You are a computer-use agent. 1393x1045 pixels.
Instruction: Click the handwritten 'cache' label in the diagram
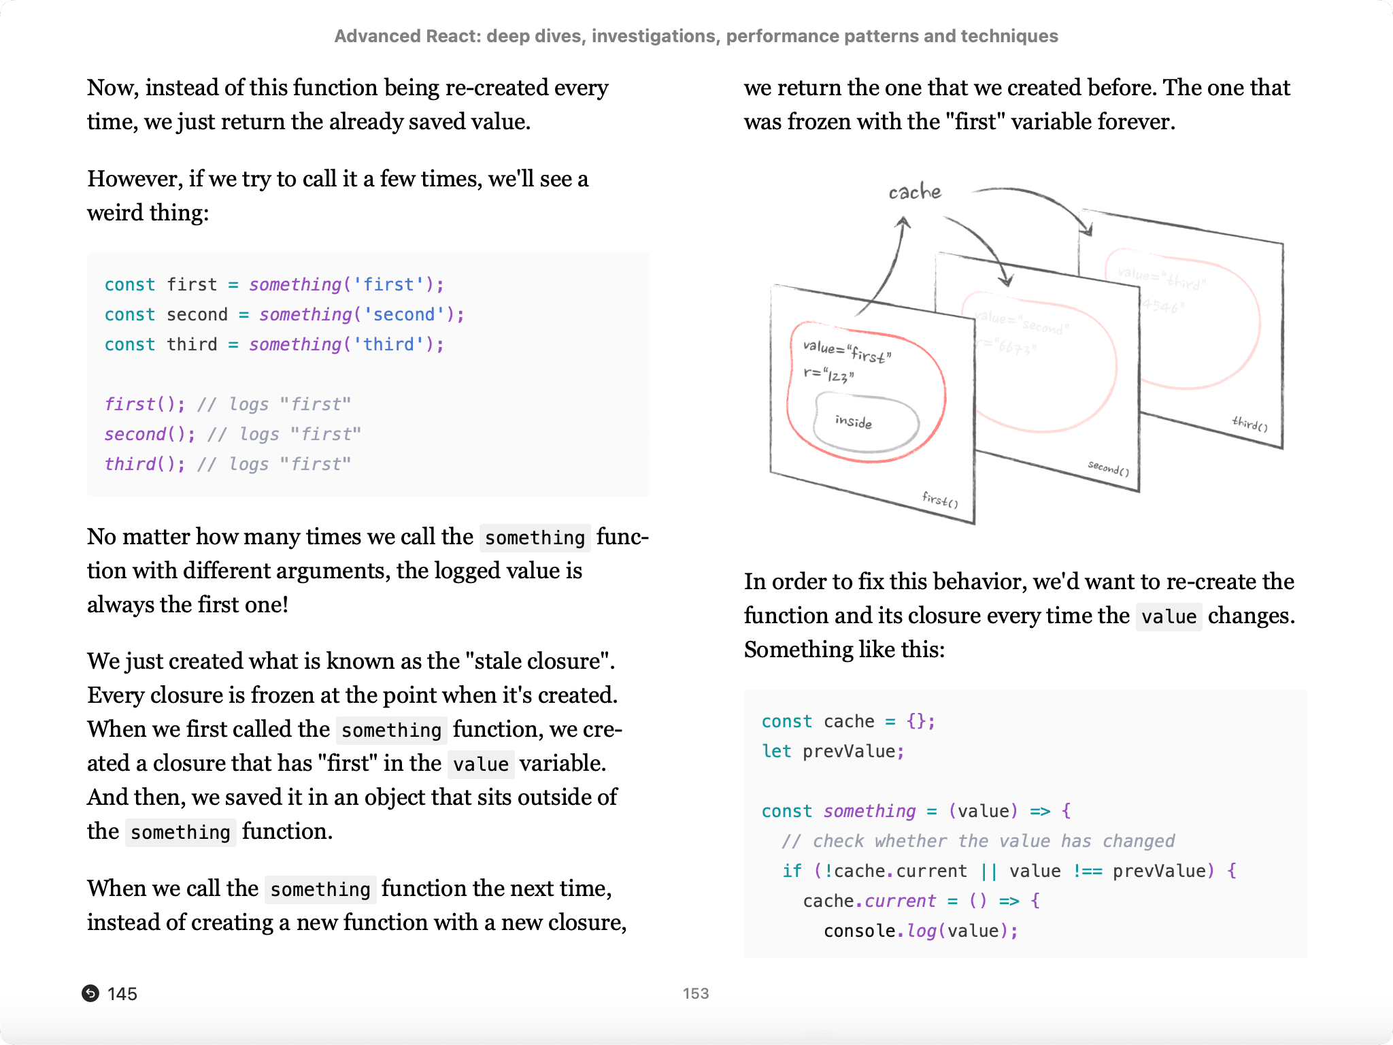(915, 192)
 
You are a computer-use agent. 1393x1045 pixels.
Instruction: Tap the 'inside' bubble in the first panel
(854, 422)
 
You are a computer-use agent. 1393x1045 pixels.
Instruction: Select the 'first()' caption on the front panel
(940, 500)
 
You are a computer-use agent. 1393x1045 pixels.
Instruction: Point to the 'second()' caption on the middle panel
(1108, 468)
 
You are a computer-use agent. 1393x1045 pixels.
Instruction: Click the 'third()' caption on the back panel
(1249, 423)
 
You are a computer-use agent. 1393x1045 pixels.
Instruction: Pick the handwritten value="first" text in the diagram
(847, 352)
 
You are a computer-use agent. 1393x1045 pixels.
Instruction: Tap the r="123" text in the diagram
(828, 375)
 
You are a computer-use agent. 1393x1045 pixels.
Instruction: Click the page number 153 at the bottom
(696, 993)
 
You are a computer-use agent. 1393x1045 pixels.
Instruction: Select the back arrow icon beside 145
(90, 993)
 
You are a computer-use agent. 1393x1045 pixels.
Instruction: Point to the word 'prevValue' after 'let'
(849, 752)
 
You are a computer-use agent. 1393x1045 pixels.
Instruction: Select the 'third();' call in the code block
(144, 465)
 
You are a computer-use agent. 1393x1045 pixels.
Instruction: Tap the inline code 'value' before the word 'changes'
(1169, 617)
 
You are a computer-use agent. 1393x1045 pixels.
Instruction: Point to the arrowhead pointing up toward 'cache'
(903, 222)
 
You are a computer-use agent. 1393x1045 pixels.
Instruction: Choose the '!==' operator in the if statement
(1087, 872)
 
